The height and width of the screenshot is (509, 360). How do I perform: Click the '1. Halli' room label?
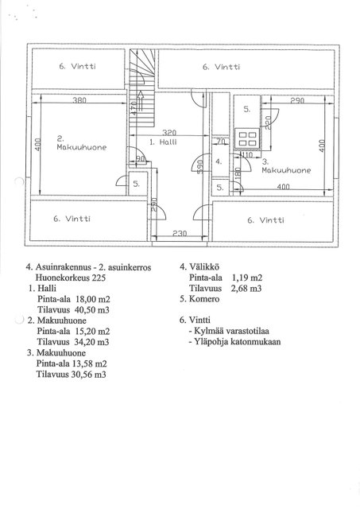pyautogui.click(x=163, y=142)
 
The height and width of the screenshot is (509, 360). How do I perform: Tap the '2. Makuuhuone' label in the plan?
pyautogui.click(x=81, y=143)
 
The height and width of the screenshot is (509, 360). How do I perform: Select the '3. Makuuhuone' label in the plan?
pyautogui.click(x=286, y=166)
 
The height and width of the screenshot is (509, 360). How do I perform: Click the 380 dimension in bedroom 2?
pyautogui.click(x=79, y=100)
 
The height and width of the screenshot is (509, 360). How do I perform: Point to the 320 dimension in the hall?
pyautogui.click(x=169, y=133)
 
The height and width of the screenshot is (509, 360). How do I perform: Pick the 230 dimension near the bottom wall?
pyautogui.click(x=180, y=233)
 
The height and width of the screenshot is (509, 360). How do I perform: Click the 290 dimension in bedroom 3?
pyautogui.click(x=297, y=101)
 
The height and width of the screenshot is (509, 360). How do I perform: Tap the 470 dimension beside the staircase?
pyautogui.click(x=133, y=108)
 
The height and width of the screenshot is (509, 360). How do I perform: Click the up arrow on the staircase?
pyautogui.click(x=141, y=101)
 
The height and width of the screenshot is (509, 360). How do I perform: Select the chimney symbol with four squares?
pyautogui.click(x=248, y=138)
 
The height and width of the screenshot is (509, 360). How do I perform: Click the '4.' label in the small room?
pyautogui.click(x=219, y=161)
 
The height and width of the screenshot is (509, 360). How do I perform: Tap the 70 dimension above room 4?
pyautogui.click(x=221, y=142)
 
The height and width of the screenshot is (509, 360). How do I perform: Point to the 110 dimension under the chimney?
pyautogui.click(x=247, y=155)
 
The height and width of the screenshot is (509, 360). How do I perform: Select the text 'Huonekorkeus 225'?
pyautogui.click(x=71, y=278)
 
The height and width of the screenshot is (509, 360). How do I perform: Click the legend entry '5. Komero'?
pyautogui.click(x=199, y=299)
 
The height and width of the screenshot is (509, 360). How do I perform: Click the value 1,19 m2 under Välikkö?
pyautogui.click(x=247, y=278)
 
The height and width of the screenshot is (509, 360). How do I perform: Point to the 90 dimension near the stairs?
pyautogui.click(x=140, y=159)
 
